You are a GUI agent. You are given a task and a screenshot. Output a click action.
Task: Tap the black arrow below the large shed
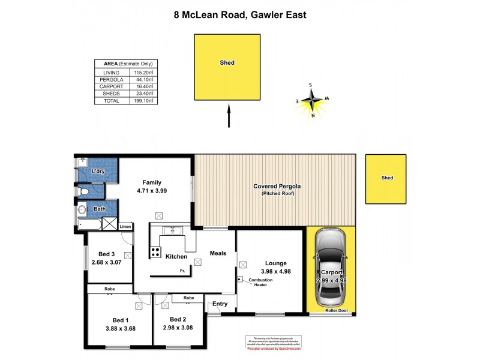point(229,116)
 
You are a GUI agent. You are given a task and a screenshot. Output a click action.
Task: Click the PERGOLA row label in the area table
point(112,79)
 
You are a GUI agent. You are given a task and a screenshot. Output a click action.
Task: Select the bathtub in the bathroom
point(90,224)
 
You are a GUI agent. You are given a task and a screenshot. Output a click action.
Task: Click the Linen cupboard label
point(125,226)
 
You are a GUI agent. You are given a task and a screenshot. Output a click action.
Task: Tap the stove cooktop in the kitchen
point(155,253)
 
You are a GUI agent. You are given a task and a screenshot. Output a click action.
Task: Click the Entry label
point(220,304)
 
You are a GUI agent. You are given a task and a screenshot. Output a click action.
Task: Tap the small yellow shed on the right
point(386,178)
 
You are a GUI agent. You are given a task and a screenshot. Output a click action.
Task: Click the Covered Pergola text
point(276,187)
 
